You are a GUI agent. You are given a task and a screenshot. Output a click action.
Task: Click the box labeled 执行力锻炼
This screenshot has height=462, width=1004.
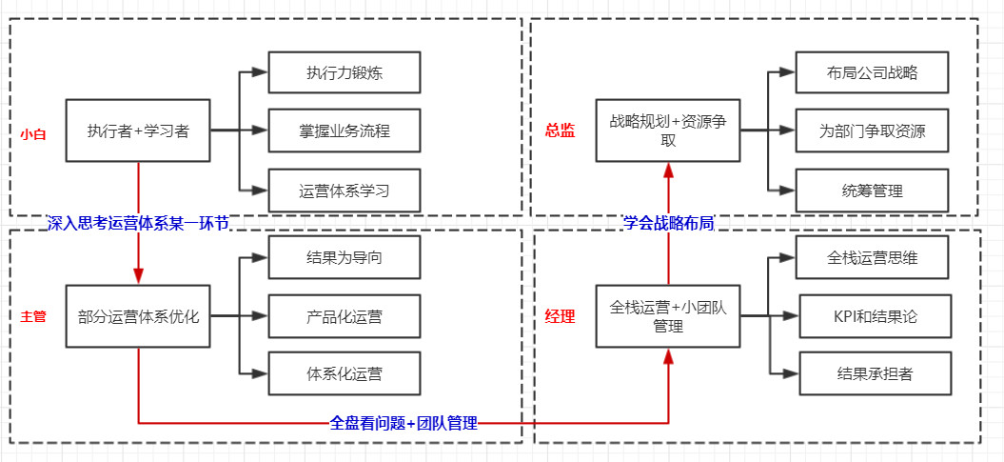point(345,72)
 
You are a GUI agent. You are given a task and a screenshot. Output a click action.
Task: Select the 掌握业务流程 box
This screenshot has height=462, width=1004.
point(345,131)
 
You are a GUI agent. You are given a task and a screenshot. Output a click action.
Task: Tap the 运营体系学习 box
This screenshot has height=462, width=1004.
point(345,191)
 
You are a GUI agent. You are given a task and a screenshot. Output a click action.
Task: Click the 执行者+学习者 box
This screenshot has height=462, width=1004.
point(138,131)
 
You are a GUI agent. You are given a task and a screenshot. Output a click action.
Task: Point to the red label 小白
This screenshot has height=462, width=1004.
point(33,133)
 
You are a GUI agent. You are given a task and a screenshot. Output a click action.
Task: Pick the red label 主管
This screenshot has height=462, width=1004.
point(33,315)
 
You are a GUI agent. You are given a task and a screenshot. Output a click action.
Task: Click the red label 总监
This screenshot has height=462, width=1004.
point(560,131)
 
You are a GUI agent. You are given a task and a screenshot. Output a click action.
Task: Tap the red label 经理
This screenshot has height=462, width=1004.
point(560,316)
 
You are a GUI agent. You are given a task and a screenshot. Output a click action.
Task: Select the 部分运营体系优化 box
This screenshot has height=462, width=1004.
point(138,315)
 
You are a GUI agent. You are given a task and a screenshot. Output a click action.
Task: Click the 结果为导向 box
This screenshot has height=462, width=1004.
point(345,256)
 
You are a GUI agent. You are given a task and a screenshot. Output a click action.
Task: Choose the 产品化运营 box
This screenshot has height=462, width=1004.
point(345,315)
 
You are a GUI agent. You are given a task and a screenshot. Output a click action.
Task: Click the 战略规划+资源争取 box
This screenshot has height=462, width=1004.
point(668,131)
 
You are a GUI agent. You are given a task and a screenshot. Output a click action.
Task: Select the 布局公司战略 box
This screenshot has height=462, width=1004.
point(873,72)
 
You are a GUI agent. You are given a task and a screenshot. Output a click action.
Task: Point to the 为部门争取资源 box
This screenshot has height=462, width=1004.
point(873,131)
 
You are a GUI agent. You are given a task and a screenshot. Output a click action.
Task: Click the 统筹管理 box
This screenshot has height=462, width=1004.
point(873,191)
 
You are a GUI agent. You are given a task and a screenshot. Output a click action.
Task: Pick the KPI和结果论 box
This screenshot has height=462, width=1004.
point(875,316)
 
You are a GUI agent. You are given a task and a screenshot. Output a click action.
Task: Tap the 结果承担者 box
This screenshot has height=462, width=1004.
point(875,374)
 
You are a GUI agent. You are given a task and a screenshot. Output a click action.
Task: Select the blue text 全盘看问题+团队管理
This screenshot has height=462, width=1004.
point(404,423)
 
